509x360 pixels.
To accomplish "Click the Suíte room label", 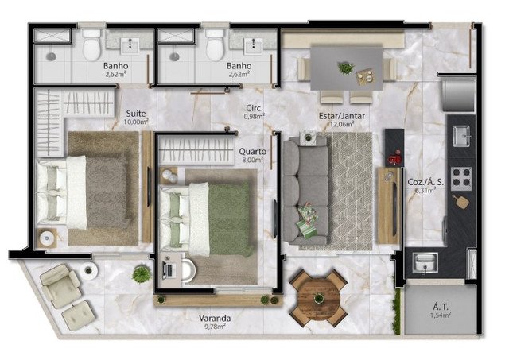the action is pyautogui.click(x=136, y=114).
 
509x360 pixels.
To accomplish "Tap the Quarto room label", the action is pyautogui.click(x=253, y=152).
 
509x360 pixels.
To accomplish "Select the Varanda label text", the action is pyautogui.click(x=215, y=318).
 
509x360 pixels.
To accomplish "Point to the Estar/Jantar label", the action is pyautogui.click(x=342, y=116).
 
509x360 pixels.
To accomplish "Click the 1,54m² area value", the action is pyautogui.click(x=441, y=315).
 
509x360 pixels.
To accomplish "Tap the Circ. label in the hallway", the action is pyautogui.click(x=254, y=108).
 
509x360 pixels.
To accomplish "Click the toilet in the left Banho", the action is pyautogui.click(x=91, y=45).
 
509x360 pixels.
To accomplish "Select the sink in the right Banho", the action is pyautogui.click(x=254, y=46).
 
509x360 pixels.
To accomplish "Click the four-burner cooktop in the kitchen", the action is pyautogui.click(x=461, y=179).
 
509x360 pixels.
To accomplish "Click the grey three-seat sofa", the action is pyautogui.click(x=305, y=191).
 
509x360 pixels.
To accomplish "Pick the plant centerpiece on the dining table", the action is pyautogui.click(x=346, y=68).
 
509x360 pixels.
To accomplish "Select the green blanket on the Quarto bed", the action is pyautogui.click(x=230, y=219).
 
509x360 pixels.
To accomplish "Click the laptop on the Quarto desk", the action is pyautogui.click(x=169, y=270).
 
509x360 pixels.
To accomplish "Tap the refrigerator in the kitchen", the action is pyautogui.click(x=459, y=95).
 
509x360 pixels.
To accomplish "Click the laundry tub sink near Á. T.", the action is pyautogui.click(x=425, y=262).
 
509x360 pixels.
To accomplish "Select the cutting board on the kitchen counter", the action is pyautogui.click(x=461, y=201).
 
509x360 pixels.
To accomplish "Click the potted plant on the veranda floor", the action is pyautogui.click(x=142, y=274).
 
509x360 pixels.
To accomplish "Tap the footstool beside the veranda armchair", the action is pyautogui.click(x=78, y=315).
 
